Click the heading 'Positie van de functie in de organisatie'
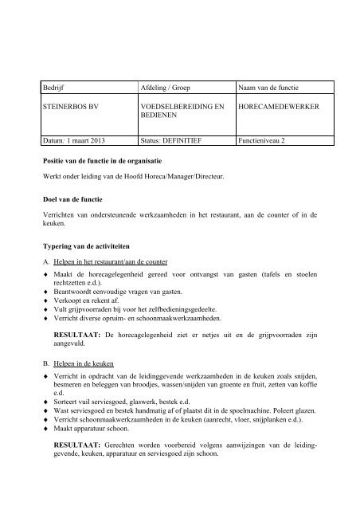coord(108,161)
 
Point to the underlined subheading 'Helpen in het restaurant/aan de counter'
coord(119,262)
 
